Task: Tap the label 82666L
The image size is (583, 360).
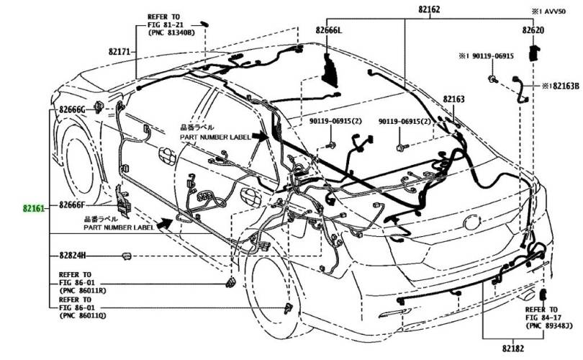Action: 329,31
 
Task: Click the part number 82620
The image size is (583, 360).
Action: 533,31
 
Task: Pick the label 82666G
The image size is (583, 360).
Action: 73,109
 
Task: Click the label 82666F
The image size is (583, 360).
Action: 73,205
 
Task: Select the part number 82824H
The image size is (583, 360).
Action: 73,255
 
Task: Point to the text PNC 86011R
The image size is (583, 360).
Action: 83,291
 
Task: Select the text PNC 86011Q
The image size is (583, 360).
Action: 83,315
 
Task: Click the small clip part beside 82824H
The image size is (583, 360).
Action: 126,255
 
